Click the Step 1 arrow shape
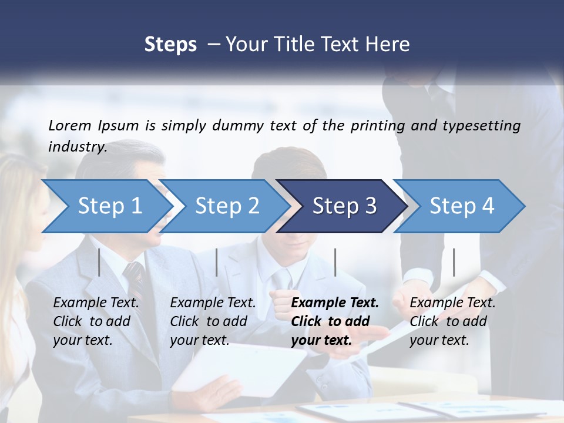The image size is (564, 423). [106, 206]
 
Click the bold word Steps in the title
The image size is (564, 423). [170, 45]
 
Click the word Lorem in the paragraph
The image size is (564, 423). [69, 125]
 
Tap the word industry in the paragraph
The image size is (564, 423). [77, 147]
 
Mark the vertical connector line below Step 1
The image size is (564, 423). [99, 262]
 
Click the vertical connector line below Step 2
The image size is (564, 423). [217, 262]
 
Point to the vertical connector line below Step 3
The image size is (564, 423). [335, 262]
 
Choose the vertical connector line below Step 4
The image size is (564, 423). [454, 262]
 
